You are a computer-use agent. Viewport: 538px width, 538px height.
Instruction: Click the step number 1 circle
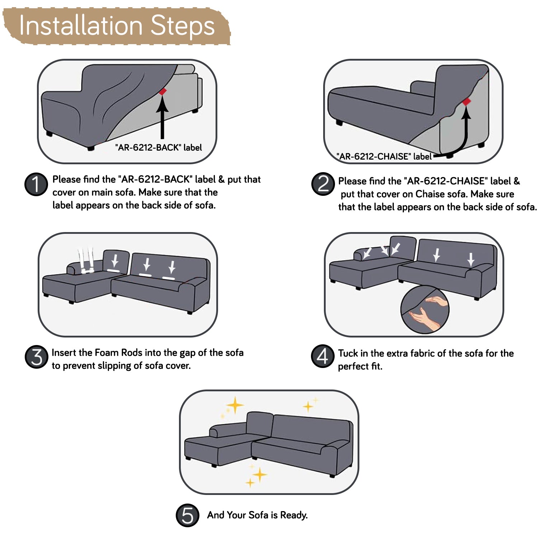pyautogui.click(x=36, y=184)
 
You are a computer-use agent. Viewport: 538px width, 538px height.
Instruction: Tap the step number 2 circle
pyautogui.click(x=323, y=184)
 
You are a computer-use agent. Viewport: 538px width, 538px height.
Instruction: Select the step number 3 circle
pyautogui.click(x=36, y=357)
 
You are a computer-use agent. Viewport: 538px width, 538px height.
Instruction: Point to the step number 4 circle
pyautogui.click(x=322, y=357)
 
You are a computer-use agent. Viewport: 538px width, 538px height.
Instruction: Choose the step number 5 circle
pyautogui.click(x=188, y=515)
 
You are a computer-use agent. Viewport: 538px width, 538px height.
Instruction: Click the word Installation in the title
pyautogui.click(x=81, y=26)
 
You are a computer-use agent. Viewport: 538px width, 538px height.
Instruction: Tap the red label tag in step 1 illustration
pyautogui.click(x=162, y=91)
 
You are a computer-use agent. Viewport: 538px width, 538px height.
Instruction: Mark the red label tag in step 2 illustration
pyautogui.click(x=466, y=102)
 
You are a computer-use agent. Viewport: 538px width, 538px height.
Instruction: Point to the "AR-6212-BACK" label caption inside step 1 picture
pyautogui.click(x=158, y=147)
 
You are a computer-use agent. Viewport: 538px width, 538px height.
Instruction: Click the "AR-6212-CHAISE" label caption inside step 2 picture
pyautogui.click(x=384, y=156)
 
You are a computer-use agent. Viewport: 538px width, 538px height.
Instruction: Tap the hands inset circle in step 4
pyautogui.click(x=425, y=309)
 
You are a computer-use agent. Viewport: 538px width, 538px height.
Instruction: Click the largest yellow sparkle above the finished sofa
pyautogui.click(x=235, y=405)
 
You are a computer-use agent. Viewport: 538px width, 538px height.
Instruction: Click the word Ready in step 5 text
pyautogui.click(x=294, y=515)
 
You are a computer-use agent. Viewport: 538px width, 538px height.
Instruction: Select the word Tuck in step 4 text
pyautogui.click(x=348, y=353)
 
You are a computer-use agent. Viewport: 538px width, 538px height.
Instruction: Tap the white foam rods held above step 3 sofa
pyautogui.click(x=86, y=261)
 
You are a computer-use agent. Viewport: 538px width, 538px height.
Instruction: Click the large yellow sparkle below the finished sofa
pyautogui.click(x=260, y=475)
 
